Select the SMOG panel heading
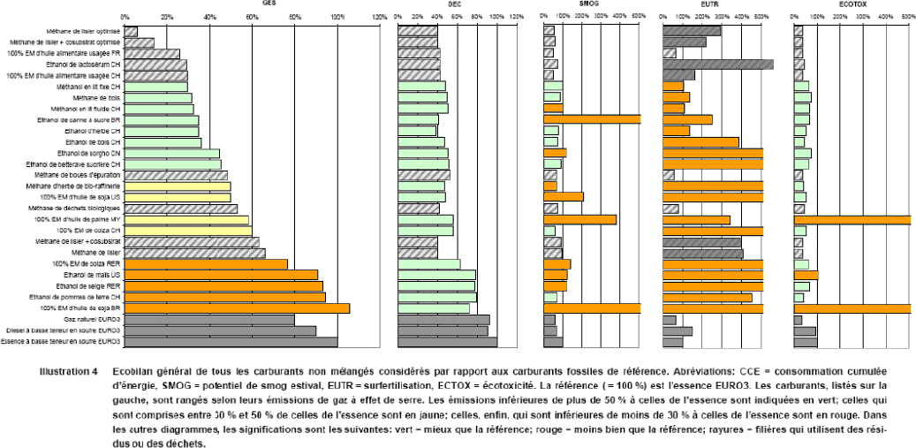[587, 4]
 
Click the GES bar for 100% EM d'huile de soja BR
[237, 308]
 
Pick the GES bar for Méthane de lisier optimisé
[131, 32]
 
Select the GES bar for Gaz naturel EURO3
[209, 319]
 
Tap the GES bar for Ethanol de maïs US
[221, 275]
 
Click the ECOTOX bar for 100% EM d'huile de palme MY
[852, 220]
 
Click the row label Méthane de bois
[102, 97]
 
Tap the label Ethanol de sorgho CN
[90, 153]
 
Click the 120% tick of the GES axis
[380, 16]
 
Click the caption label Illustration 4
[68, 371]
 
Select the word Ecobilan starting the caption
[132, 371]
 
